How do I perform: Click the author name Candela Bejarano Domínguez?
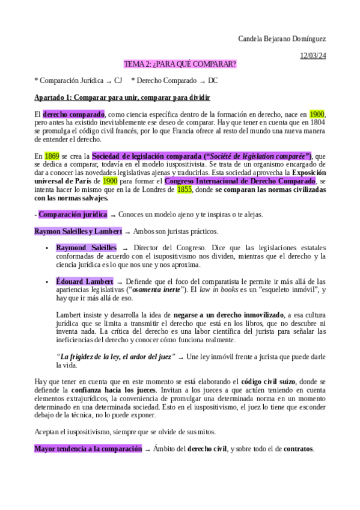[x=282, y=38]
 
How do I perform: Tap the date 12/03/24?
[x=314, y=56]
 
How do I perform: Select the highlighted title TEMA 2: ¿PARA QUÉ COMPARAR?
[x=180, y=64]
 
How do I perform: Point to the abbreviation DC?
[x=213, y=80]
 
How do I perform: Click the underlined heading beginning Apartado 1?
[x=122, y=97]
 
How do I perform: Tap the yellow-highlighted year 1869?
[x=52, y=156]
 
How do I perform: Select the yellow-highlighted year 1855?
[x=185, y=189]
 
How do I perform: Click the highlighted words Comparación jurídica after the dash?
[x=73, y=214]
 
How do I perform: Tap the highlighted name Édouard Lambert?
[x=85, y=281]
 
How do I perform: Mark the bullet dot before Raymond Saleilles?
[x=47, y=248]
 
